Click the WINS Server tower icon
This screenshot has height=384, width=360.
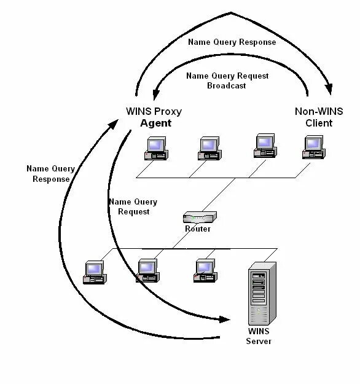(x=262, y=294)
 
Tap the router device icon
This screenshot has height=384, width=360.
(x=200, y=217)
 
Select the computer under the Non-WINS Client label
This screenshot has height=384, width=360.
(x=314, y=147)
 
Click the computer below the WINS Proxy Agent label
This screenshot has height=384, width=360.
(x=156, y=149)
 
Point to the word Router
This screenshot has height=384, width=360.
(x=198, y=229)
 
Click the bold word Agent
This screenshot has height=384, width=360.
(x=156, y=123)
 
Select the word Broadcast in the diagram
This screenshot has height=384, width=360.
(x=227, y=86)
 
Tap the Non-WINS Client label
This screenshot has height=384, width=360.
(x=319, y=117)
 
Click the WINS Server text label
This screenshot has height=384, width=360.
(x=259, y=336)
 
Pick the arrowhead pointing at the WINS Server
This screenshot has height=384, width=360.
(x=225, y=319)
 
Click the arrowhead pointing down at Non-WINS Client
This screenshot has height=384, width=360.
(x=329, y=89)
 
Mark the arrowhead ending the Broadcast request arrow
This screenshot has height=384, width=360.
(x=156, y=95)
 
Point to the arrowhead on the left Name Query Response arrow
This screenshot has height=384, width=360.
(x=113, y=124)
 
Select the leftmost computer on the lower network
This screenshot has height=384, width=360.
(x=95, y=273)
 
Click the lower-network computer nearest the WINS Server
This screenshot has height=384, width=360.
(x=205, y=271)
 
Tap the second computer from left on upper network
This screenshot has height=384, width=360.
(x=209, y=149)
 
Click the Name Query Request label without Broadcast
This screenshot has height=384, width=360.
(x=133, y=206)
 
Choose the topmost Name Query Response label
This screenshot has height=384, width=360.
(x=232, y=42)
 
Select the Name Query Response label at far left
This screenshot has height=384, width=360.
(x=51, y=174)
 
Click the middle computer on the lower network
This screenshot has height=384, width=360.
(x=147, y=271)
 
